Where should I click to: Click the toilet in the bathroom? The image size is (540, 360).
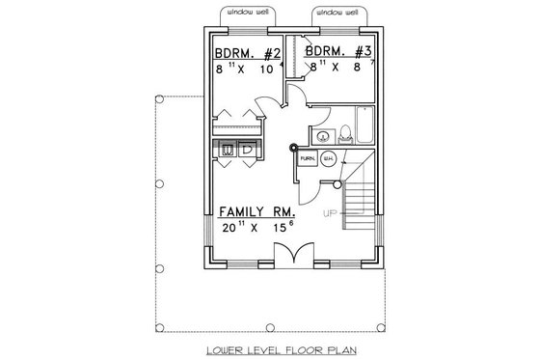(344, 133)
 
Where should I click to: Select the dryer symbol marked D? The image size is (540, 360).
(247, 150)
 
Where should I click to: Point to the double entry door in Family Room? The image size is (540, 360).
(290, 255)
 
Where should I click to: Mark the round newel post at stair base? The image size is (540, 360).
(292, 148)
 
